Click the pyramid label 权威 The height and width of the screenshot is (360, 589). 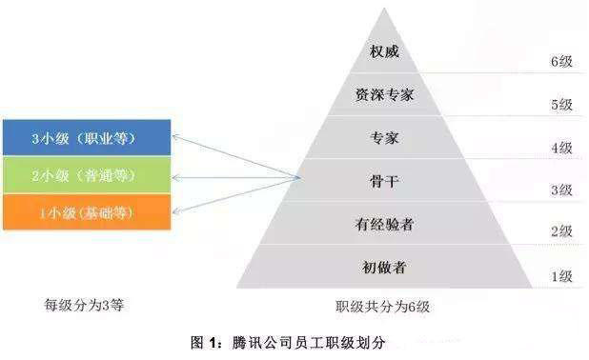tap(385, 50)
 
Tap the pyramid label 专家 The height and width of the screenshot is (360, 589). tap(385, 138)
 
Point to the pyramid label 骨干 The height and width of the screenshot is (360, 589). tap(385, 181)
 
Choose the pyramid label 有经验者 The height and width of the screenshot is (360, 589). tap(385, 225)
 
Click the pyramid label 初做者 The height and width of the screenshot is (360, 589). tap(385, 268)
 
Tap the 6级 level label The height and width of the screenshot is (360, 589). tap(560, 62)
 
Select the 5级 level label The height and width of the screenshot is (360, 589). tap(560, 105)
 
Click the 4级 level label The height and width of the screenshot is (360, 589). tap(560, 148)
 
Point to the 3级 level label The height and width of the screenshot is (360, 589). tap(560, 190)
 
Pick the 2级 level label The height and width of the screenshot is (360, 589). tap(560, 231)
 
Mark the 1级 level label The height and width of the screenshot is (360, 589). tap(560, 276)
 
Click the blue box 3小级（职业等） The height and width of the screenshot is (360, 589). tap(86, 139)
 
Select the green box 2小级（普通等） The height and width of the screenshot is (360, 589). tap(86, 175)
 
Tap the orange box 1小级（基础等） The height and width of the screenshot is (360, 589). tap(86, 211)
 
